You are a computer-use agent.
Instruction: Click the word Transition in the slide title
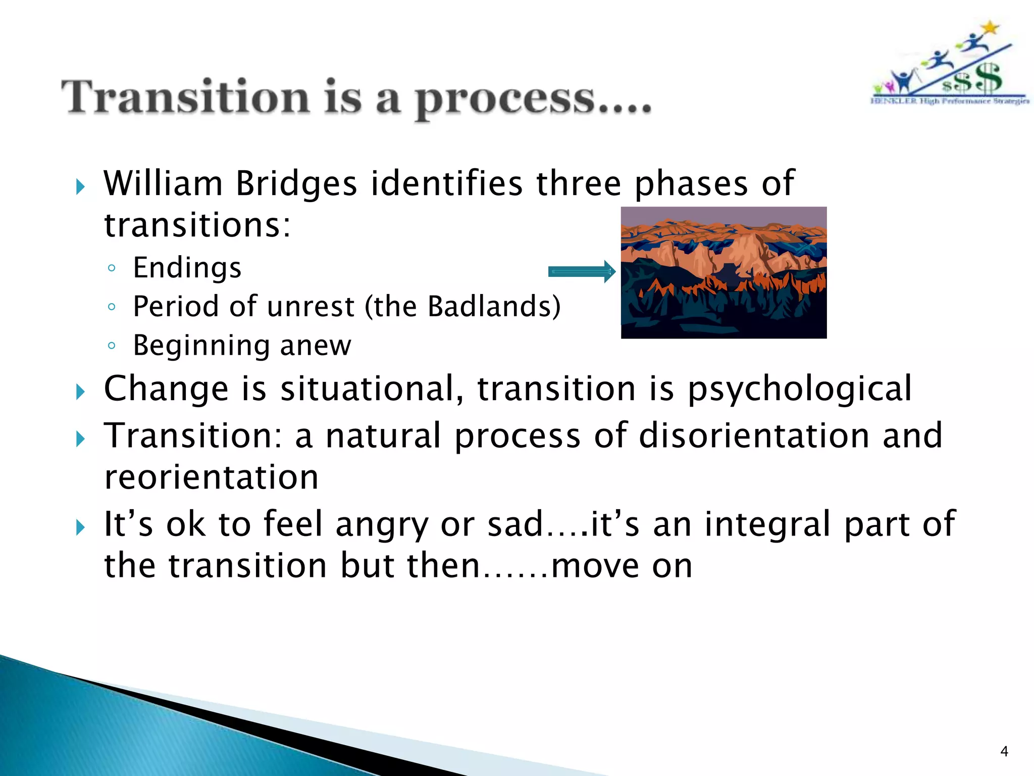185,98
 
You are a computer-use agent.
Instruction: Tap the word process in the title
505,100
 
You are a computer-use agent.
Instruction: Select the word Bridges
296,183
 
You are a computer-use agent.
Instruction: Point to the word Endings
187,268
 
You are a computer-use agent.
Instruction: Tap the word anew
316,346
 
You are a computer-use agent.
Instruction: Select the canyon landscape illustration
723,272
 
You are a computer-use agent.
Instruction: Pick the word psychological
800,389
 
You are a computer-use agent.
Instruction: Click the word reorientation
212,477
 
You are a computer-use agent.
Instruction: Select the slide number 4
1004,752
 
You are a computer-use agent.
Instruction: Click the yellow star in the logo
991,27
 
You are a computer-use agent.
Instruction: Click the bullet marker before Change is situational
80,391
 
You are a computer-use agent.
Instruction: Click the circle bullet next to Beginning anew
112,346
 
